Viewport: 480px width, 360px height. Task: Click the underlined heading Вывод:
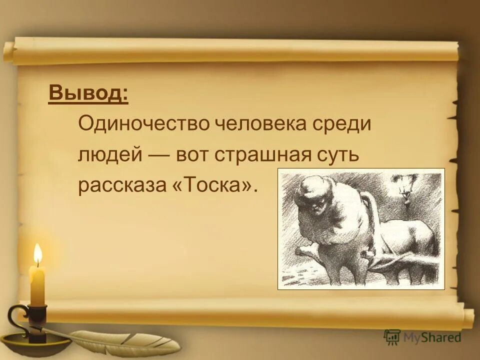(x=88, y=93)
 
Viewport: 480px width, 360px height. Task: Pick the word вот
(x=192, y=154)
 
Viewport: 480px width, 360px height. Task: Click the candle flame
(x=37, y=255)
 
